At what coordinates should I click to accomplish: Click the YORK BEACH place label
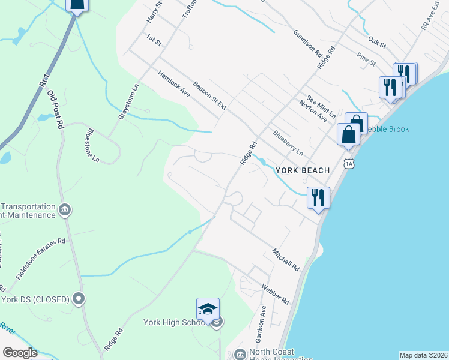[303, 170]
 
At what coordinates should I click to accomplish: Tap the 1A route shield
[349, 163]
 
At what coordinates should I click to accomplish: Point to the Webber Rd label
[276, 293]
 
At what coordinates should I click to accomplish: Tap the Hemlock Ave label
[174, 85]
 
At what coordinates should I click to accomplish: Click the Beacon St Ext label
[209, 96]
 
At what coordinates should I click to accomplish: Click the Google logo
[20, 353]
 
